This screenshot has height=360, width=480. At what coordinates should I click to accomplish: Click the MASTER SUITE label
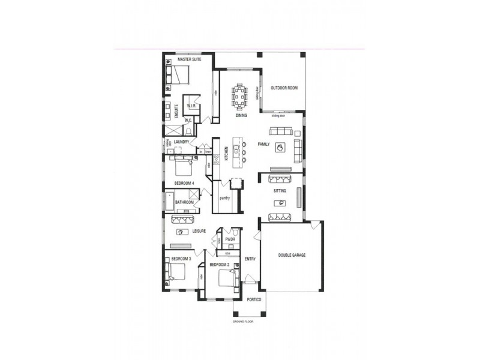click(189, 60)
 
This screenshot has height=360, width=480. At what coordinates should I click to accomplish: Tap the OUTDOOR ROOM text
click(284, 88)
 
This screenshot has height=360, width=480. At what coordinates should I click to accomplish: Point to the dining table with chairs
click(240, 95)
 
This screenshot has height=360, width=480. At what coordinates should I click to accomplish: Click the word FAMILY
click(263, 145)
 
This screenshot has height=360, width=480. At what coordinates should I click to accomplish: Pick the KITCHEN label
click(226, 154)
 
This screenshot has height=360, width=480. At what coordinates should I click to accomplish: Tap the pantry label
click(225, 197)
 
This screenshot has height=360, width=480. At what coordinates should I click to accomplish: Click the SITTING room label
click(280, 191)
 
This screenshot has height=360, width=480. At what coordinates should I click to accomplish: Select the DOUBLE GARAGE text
click(292, 255)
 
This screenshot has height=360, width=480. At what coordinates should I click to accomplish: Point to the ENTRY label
click(250, 259)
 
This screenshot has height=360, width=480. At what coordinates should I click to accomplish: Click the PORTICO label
click(254, 299)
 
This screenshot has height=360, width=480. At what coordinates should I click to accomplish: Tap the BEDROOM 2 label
click(220, 265)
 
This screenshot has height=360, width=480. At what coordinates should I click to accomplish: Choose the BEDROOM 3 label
click(181, 259)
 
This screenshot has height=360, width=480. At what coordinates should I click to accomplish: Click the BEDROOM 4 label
click(184, 182)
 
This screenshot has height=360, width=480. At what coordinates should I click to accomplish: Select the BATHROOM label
click(185, 202)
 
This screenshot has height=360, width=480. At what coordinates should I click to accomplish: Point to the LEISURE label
click(199, 231)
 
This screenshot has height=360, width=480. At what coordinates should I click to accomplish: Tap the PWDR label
click(230, 239)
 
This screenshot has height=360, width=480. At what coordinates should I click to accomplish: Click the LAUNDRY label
click(182, 142)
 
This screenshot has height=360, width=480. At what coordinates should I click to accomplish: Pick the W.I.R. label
click(192, 106)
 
